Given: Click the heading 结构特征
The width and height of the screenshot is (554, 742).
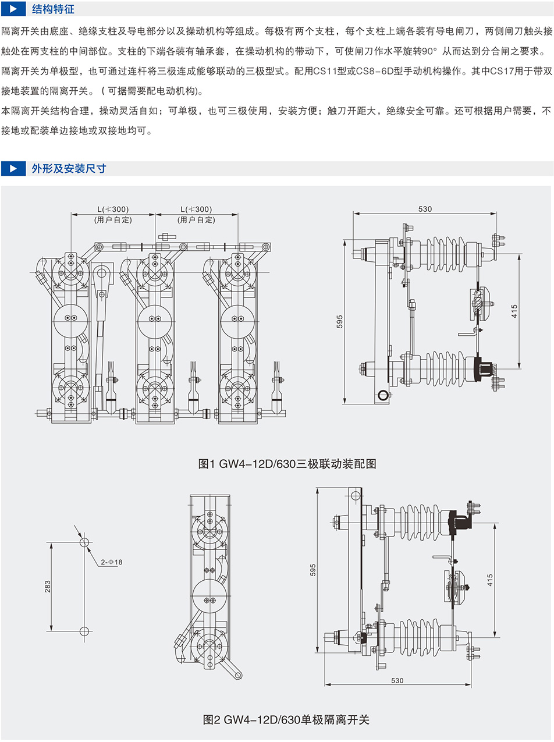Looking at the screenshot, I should tap(53, 10).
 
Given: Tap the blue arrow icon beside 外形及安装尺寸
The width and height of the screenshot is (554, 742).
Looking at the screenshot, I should tap(13, 169).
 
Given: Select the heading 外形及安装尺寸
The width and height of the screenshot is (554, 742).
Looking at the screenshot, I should tap(69, 169).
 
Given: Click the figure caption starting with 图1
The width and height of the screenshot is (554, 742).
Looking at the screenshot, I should tap(287, 464).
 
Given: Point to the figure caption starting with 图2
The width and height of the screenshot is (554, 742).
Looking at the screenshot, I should tap(286, 720).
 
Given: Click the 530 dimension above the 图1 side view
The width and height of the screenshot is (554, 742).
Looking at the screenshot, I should tap(425, 209).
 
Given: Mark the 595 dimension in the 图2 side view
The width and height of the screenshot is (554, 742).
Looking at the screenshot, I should tap(312, 570).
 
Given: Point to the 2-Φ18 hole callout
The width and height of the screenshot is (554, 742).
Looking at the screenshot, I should tap(111, 562).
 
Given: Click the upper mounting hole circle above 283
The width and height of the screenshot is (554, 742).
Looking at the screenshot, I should tap(84, 542).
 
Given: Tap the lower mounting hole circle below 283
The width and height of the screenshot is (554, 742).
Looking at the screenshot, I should tap(84, 631).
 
